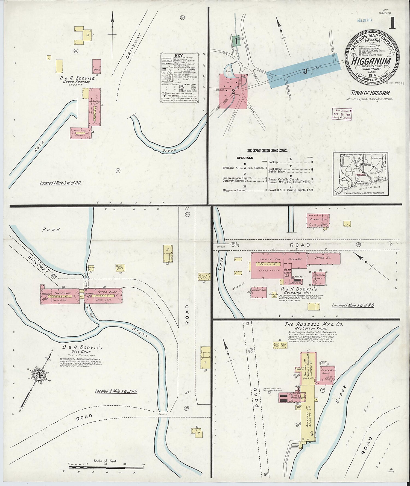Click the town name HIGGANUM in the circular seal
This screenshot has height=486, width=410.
tap(371, 61)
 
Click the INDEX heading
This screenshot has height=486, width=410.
tap(267, 151)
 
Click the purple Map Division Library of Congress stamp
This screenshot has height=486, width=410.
tap(342, 114)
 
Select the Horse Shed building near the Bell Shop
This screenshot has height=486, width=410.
tap(120, 267)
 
